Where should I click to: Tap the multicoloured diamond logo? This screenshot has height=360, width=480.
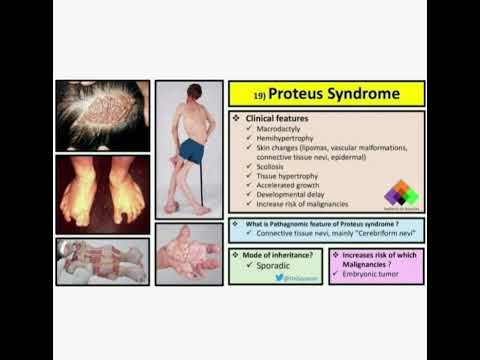coord(400,193)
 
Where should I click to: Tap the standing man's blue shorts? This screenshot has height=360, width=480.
coord(192,151)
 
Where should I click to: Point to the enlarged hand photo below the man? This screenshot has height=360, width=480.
coord(189,255)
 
